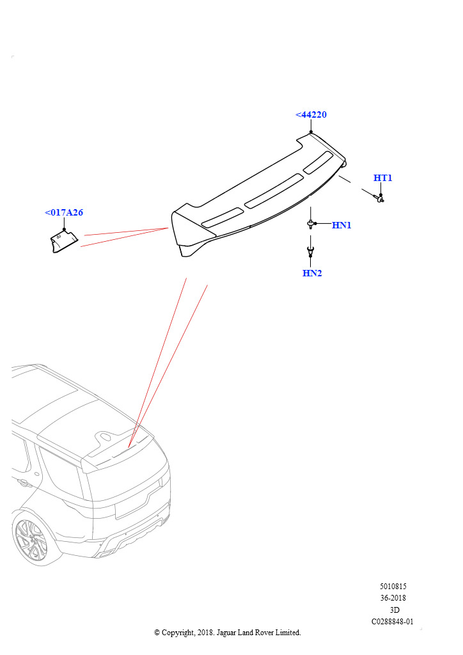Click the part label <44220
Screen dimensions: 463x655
point(311,114)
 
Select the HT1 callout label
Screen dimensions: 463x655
point(382,178)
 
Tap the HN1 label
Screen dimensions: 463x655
point(341,225)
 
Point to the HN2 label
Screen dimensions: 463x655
point(312,273)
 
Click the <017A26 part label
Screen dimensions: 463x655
point(64,212)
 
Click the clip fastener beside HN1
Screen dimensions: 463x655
point(311,225)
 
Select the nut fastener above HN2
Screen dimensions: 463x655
point(311,251)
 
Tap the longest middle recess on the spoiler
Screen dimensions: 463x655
point(274,191)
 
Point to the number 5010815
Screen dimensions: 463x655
point(393,586)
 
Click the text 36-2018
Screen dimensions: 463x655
point(393,598)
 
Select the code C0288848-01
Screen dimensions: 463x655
point(393,622)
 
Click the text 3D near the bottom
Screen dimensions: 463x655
point(395,610)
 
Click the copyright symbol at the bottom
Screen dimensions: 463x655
point(157,633)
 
